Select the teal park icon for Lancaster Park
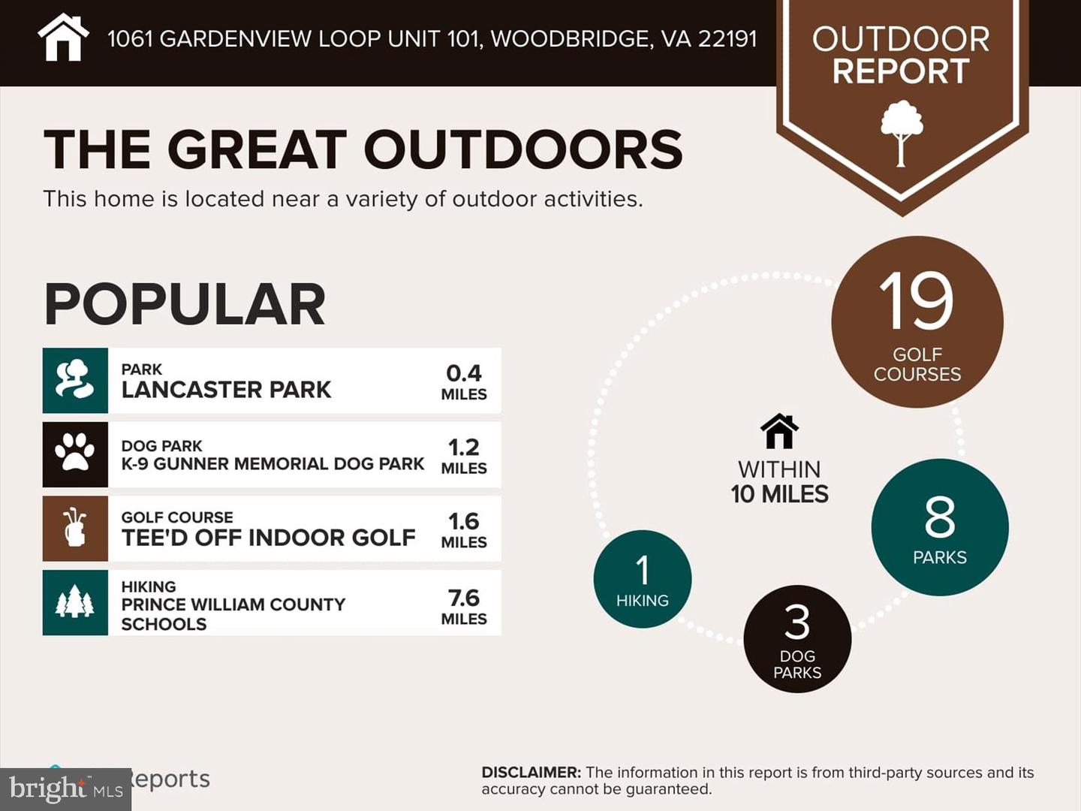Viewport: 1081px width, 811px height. click(75, 380)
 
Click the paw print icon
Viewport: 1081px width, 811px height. click(75, 454)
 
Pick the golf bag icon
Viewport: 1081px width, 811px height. click(75, 528)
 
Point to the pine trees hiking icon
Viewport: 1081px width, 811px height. click(75, 602)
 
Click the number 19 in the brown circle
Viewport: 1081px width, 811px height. click(916, 302)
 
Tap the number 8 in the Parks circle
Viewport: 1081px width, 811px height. click(940, 517)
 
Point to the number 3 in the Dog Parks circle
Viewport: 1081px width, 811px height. click(797, 623)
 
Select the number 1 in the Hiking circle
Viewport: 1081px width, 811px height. click(643, 570)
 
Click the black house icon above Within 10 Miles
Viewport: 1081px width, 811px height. click(779, 432)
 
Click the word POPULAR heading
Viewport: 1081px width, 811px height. click(185, 304)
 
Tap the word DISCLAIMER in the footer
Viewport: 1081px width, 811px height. click(531, 772)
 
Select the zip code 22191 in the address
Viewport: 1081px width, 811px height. click(727, 39)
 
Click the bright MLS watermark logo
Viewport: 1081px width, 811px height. click(66, 789)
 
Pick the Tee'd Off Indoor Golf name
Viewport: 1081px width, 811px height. click(268, 538)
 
